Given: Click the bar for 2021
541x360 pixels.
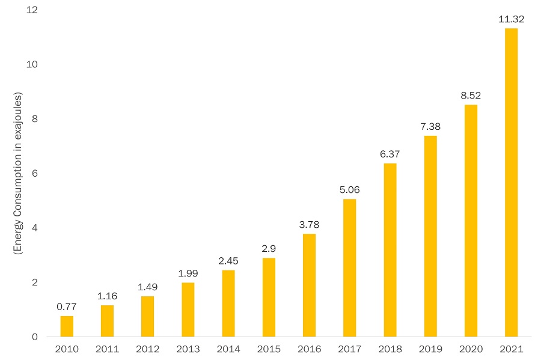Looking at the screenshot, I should point(511,182).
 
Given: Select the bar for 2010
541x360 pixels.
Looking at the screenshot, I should point(67,326).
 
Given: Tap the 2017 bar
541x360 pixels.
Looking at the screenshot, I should point(349,267).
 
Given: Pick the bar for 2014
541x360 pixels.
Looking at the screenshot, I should point(228,303).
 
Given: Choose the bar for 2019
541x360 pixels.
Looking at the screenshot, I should point(430,236).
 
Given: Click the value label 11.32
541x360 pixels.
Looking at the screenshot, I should point(511,19).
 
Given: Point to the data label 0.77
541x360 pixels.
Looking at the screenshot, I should point(67,307).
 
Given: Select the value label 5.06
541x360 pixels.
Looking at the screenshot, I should point(349,190).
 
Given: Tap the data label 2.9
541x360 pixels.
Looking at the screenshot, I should point(269,249).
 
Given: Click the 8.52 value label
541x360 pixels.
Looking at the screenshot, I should point(471,96).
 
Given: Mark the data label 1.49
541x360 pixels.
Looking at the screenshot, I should point(147,287).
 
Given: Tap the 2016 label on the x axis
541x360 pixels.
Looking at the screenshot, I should point(309,349).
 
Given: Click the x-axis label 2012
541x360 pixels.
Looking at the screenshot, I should point(147,349).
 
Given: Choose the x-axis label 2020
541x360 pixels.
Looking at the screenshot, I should point(471,349).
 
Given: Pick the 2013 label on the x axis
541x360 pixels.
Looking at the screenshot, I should point(188,349).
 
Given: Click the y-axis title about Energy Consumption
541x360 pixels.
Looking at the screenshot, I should point(17,173).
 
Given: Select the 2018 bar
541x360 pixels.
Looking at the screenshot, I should point(390,249).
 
